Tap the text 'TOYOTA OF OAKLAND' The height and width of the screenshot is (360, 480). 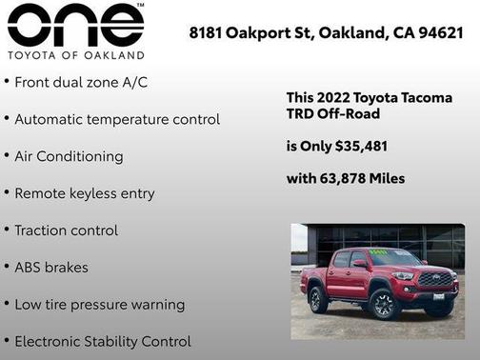point(75,54)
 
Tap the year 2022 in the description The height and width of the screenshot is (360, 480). point(335,98)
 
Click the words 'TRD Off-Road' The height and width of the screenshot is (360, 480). point(333,114)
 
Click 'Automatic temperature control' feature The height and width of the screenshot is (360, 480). point(117,120)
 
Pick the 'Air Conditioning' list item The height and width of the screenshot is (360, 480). point(69,156)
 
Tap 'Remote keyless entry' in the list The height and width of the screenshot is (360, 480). point(84,193)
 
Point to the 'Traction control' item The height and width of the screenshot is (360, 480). point(66,230)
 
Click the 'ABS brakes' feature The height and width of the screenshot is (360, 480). point(51,268)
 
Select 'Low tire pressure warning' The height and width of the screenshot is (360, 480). point(99,305)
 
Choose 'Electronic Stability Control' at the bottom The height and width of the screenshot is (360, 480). point(102,341)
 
